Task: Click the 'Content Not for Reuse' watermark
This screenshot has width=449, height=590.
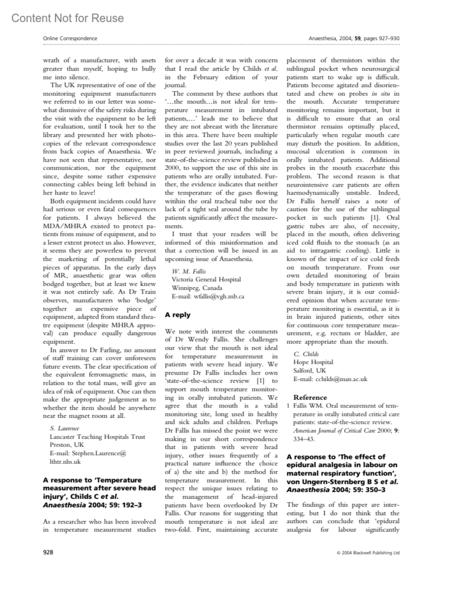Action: point(68,18)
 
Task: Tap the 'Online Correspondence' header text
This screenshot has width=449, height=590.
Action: point(70,39)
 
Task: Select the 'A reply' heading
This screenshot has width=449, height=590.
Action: point(178,315)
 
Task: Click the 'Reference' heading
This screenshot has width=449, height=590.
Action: point(310,397)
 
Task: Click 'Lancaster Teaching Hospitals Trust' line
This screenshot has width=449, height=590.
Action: point(98,437)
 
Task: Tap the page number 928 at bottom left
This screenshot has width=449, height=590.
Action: point(48,552)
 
